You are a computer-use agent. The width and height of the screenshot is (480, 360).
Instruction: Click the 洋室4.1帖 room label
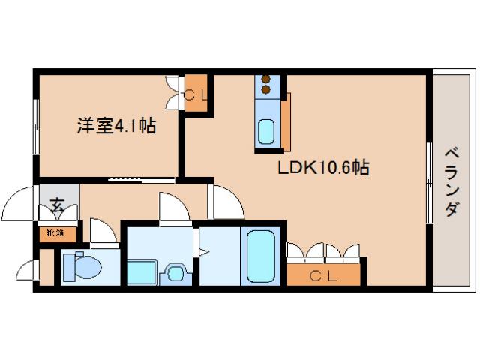[115, 126]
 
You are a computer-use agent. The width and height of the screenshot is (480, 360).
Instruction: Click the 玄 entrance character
[57, 203]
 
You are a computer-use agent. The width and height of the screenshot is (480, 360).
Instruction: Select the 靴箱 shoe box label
[56, 232]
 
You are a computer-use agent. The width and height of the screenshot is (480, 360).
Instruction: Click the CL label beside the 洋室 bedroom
[196, 94]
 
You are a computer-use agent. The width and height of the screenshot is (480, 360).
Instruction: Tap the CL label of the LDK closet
[325, 276]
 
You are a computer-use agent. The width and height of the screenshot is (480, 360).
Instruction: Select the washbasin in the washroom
[178, 271]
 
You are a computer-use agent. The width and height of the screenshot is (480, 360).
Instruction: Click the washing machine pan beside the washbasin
[143, 271]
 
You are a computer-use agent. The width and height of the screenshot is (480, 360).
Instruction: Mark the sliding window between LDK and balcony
[428, 181]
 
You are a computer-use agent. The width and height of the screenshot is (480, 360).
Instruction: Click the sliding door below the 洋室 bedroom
[142, 179]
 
